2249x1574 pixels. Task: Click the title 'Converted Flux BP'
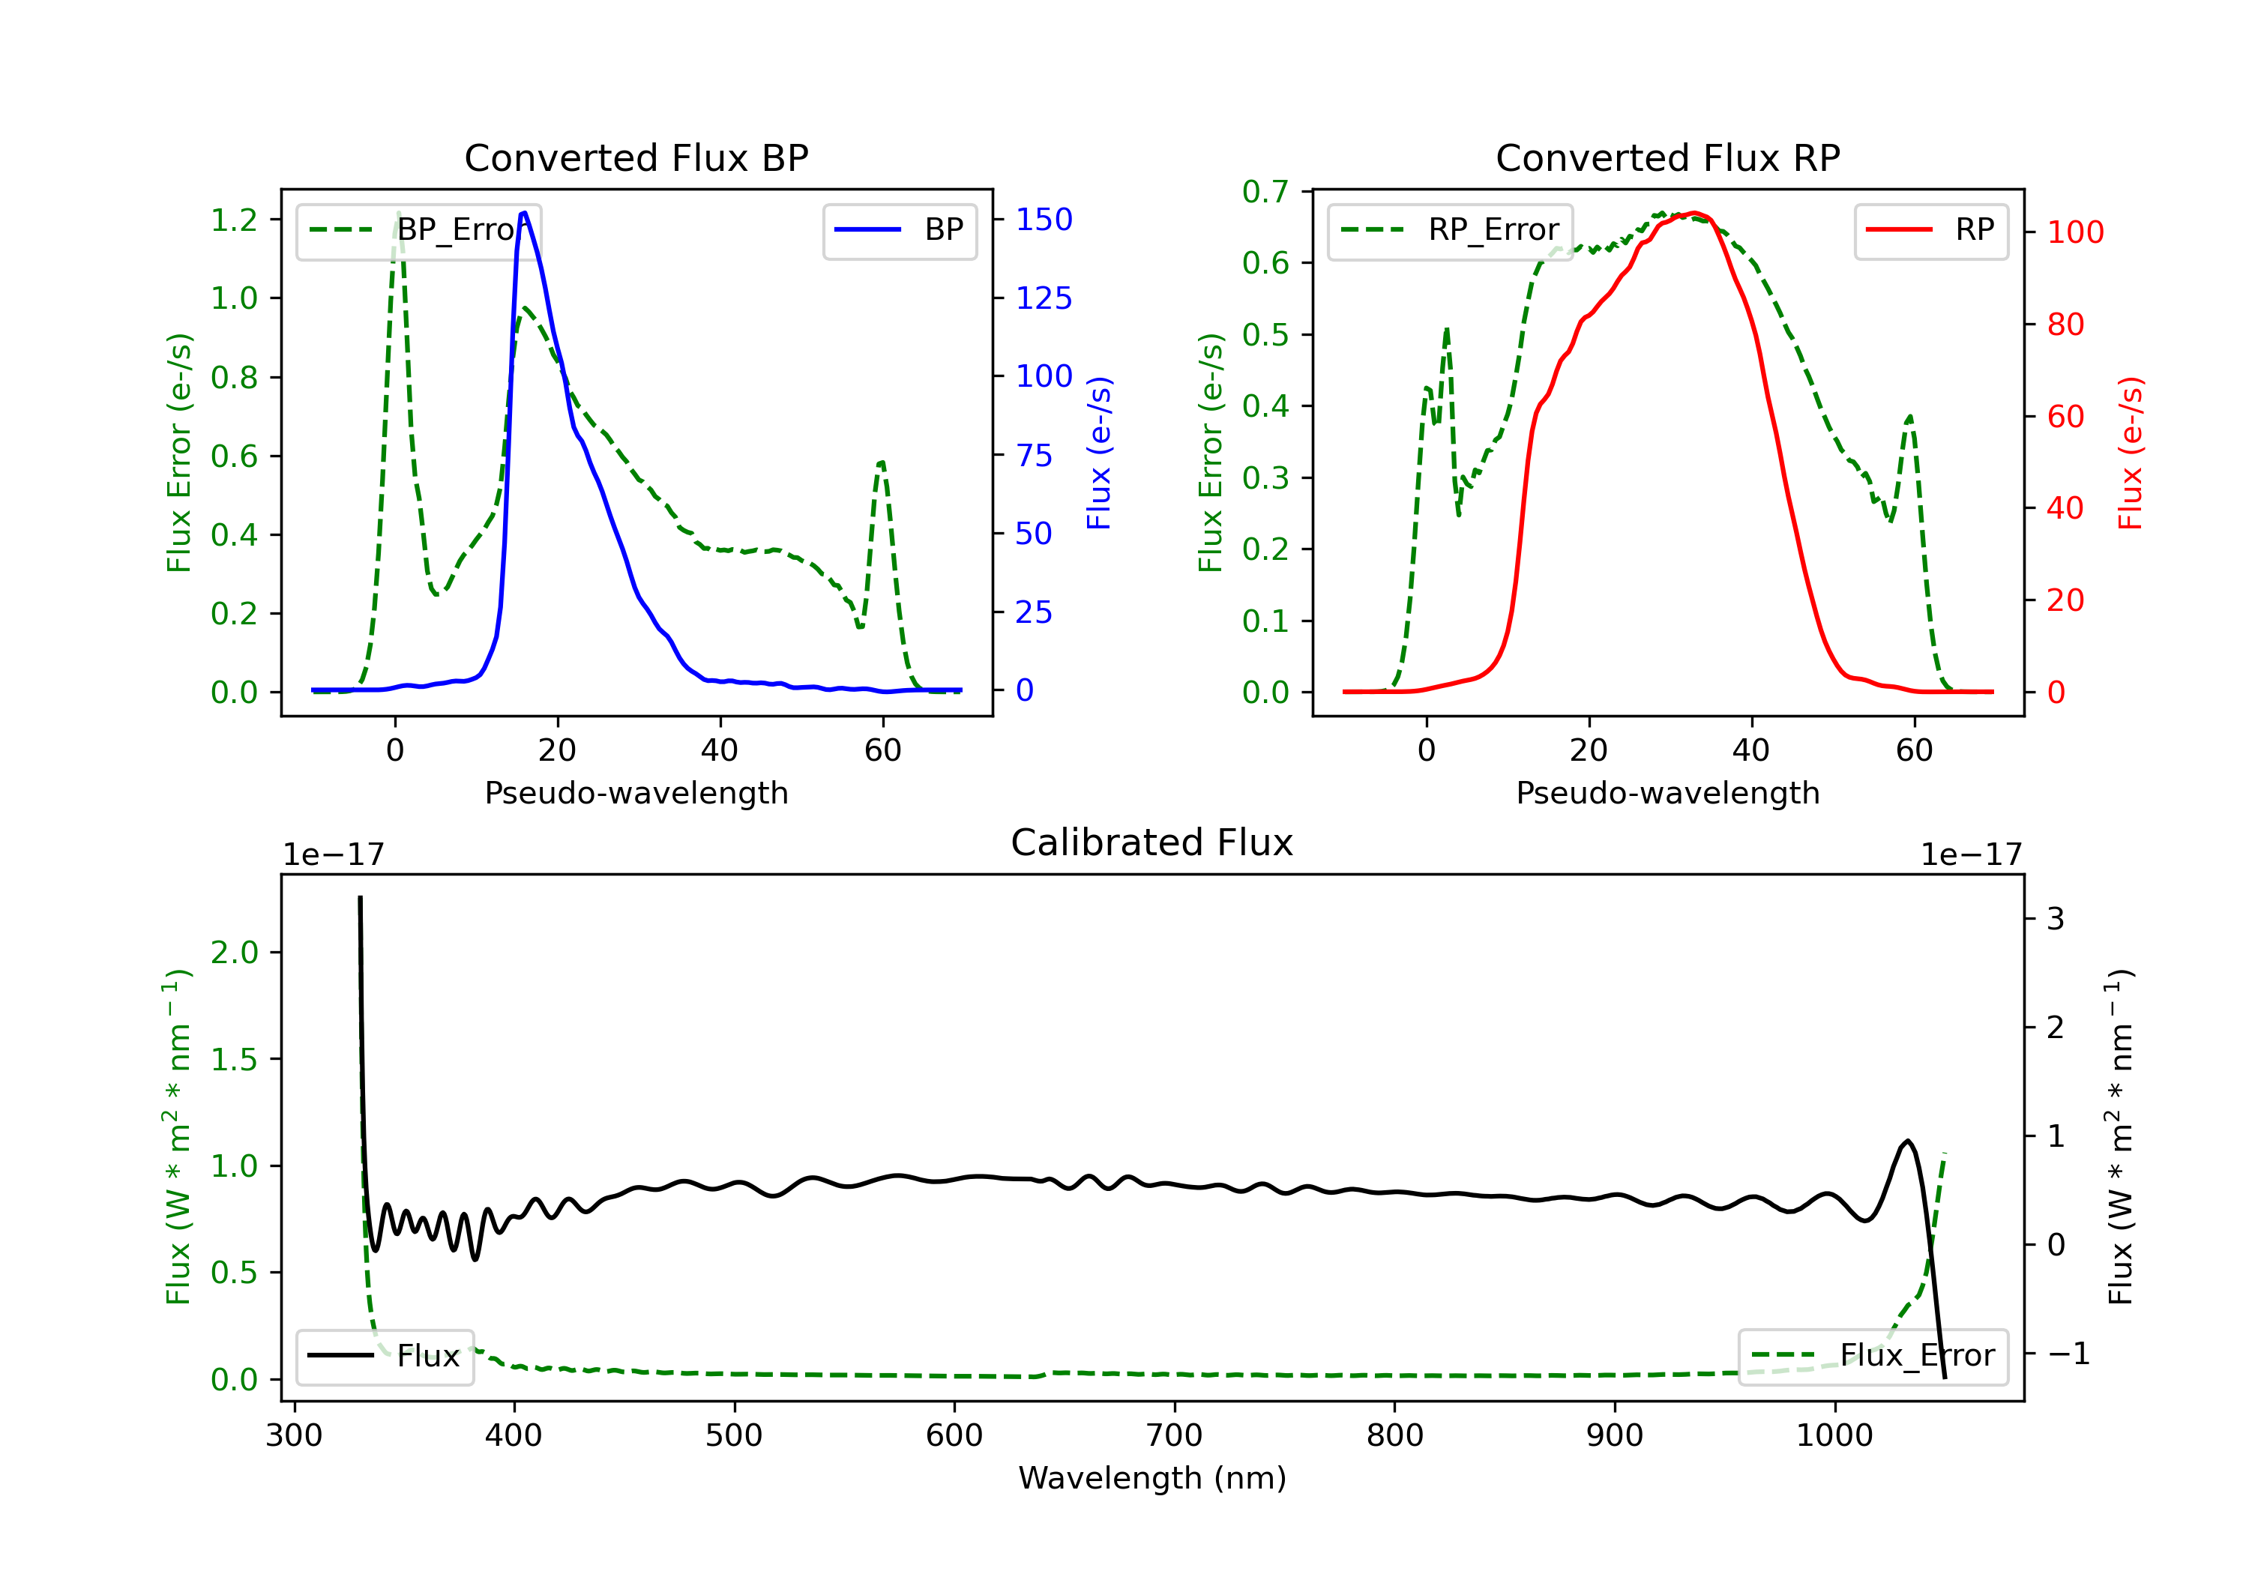636,157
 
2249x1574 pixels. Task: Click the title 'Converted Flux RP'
1667,157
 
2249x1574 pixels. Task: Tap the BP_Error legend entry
418,230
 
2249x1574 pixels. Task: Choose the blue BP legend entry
899,230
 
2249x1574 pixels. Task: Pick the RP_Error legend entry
1450,230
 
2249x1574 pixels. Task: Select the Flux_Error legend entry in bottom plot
1872,1356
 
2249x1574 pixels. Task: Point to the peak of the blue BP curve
524,213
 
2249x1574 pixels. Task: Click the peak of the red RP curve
1694,213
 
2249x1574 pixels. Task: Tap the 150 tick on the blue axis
1044,220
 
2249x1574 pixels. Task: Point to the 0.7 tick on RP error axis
1265,192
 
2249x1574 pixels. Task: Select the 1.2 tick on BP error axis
234,220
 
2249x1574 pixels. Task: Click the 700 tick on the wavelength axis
1175,1436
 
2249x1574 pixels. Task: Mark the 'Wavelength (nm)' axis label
1152,1478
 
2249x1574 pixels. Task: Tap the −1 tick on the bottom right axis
2068,1354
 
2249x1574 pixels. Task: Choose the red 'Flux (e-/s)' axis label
2130,453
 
